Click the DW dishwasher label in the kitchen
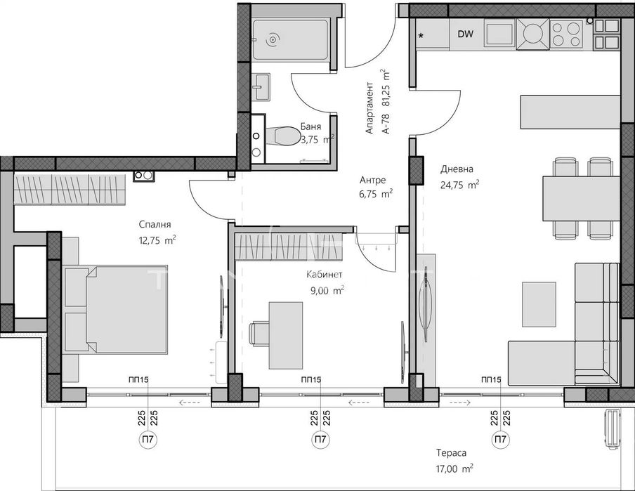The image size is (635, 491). coord(465,34)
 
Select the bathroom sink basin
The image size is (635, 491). coord(261,87)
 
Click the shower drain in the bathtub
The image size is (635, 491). coord(273,39)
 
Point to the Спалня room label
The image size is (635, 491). coord(155,225)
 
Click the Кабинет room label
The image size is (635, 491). coord(324,275)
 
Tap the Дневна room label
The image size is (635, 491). coord(457,169)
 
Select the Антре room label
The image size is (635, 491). coord(372,180)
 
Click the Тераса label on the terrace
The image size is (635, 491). coord(451,453)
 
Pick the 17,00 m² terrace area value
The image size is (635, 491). coord(454,469)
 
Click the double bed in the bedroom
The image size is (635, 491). coord(116,310)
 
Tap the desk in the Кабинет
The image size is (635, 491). coord(285,336)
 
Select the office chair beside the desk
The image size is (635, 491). coord(259,333)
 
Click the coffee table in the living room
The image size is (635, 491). coord(539,304)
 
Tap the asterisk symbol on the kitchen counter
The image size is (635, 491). coord(421,36)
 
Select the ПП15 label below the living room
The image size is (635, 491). coord(491,380)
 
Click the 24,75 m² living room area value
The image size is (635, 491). coord(459,185)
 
